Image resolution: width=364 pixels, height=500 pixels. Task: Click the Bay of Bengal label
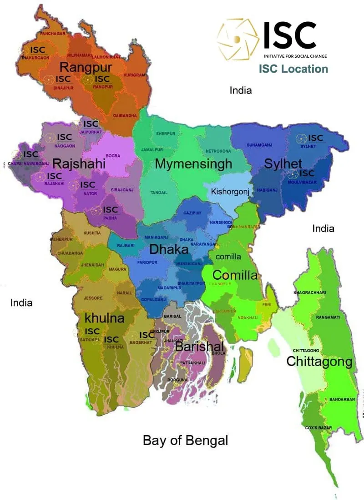click(x=185, y=440)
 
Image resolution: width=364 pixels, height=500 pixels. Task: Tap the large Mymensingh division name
click(x=193, y=164)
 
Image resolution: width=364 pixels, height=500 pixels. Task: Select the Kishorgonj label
click(x=230, y=192)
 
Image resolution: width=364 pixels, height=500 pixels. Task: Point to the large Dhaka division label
click(x=169, y=249)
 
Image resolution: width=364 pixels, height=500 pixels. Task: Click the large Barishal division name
click(x=199, y=347)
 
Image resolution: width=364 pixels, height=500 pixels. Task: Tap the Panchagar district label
click(x=53, y=34)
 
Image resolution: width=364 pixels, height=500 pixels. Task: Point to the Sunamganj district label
click(x=259, y=145)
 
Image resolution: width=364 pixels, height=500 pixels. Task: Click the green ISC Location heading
click(x=293, y=69)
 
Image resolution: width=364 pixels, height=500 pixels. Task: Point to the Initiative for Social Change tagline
click(x=295, y=56)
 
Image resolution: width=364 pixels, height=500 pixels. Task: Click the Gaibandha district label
click(x=125, y=116)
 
